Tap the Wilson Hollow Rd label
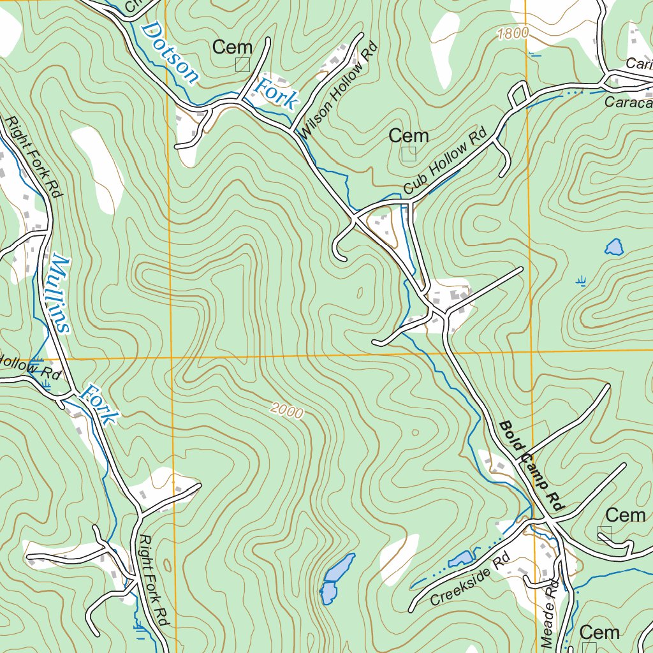coord(339,91)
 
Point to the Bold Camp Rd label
coord(532,466)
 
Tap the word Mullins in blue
coord(59,293)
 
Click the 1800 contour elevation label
coord(513,34)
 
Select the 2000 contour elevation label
coord(286,411)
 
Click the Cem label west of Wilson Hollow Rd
coord(232,47)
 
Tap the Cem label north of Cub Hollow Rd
coord(408,136)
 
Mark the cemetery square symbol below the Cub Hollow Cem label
coord(409,154)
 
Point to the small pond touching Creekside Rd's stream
coord(460,559)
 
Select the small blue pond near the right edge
coord(613,247)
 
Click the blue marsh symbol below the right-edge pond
coord(580,280)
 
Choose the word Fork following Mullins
coord(101,404)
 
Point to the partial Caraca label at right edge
coord(629,102)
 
